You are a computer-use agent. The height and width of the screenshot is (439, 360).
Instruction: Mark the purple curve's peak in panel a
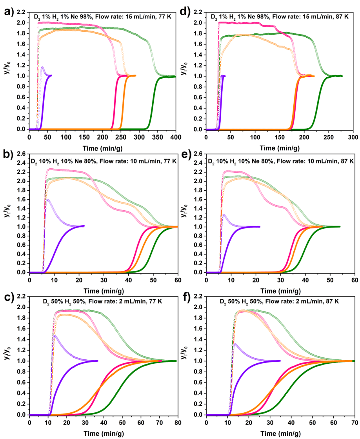(42, 67)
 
